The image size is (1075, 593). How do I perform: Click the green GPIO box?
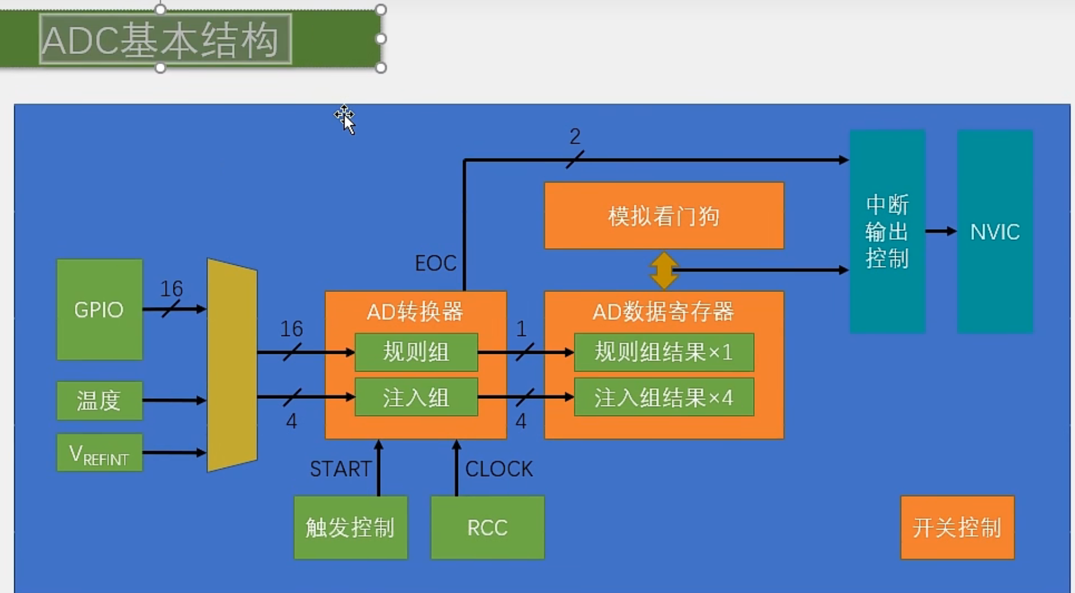tap(99, 309)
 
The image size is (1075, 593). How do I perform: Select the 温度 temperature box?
tap(99, 401)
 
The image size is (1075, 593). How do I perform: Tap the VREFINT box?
tap(99, 453)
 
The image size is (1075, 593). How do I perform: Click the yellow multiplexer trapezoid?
tap(232, 365)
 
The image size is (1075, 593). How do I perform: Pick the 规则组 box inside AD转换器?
tap(416, 352)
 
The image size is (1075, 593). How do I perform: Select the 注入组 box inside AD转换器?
tap(416, 397)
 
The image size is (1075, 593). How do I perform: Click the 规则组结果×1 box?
tap(663, 352)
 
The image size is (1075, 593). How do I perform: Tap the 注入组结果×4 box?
tap(663, 397)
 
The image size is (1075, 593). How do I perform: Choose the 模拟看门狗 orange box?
tap(663, 215)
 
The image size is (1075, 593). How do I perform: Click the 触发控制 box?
tap(350, 527)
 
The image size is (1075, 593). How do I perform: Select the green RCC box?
tap(487, 527)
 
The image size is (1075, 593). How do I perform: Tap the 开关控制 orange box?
tap(957, 527)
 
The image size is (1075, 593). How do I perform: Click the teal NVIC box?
tap(995, 232)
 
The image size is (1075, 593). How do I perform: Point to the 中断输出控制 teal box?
tap(887, 232)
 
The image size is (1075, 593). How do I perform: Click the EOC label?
tap(435, 263)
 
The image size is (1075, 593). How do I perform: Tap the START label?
tap(340, 469)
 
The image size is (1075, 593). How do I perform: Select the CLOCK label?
tap(499, 469)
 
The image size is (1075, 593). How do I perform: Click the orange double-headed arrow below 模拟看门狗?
tap(663, 270)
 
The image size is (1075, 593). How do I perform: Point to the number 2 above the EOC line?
tap(574, 137)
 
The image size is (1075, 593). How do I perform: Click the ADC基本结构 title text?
tap(160, 40)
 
